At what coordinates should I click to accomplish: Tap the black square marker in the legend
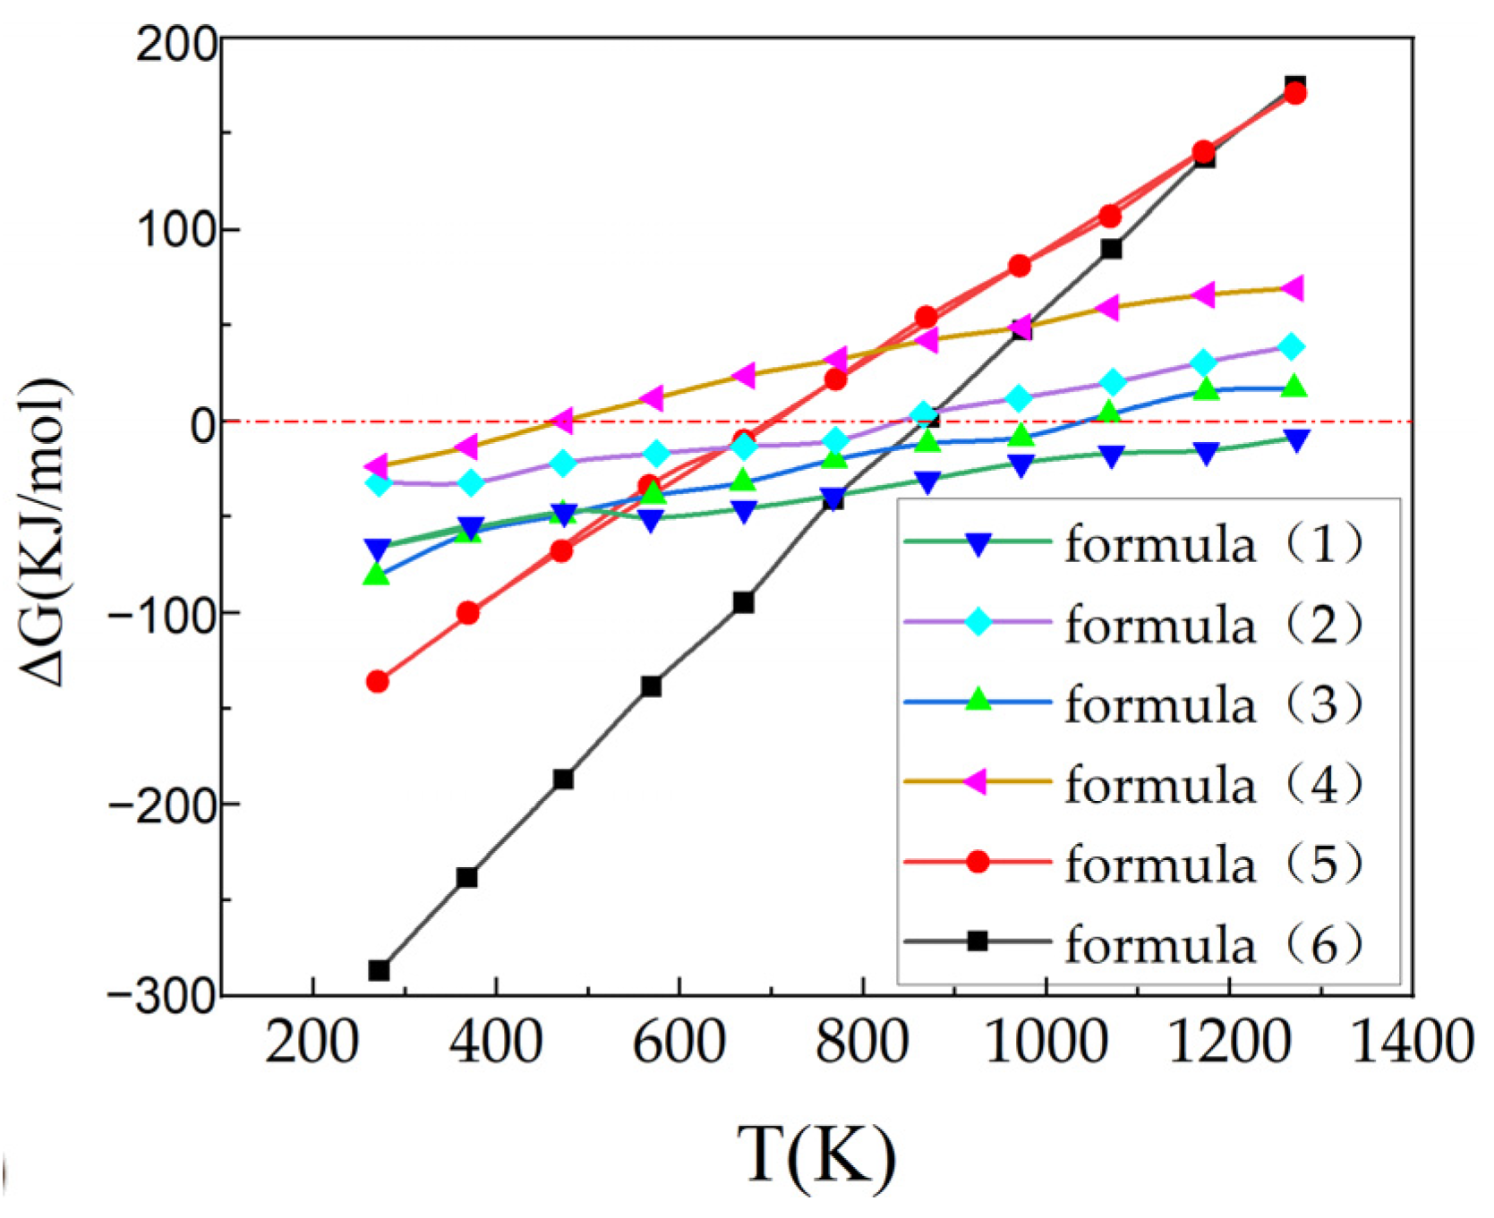point(978,941)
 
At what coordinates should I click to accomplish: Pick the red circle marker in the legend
point(978,862)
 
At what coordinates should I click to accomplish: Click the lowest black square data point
point(379,970)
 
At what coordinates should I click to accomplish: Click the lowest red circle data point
point(378,682)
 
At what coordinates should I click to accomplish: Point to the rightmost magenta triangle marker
point(1293,288)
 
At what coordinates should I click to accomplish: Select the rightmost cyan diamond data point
point(1291,346)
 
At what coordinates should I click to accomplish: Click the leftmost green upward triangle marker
point(377,574)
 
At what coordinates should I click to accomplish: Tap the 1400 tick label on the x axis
point(1412,1043)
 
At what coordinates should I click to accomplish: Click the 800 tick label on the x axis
point(861,1043)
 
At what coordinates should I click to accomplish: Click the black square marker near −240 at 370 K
point(466,877)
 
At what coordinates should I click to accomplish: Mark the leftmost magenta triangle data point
point(376,465)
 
